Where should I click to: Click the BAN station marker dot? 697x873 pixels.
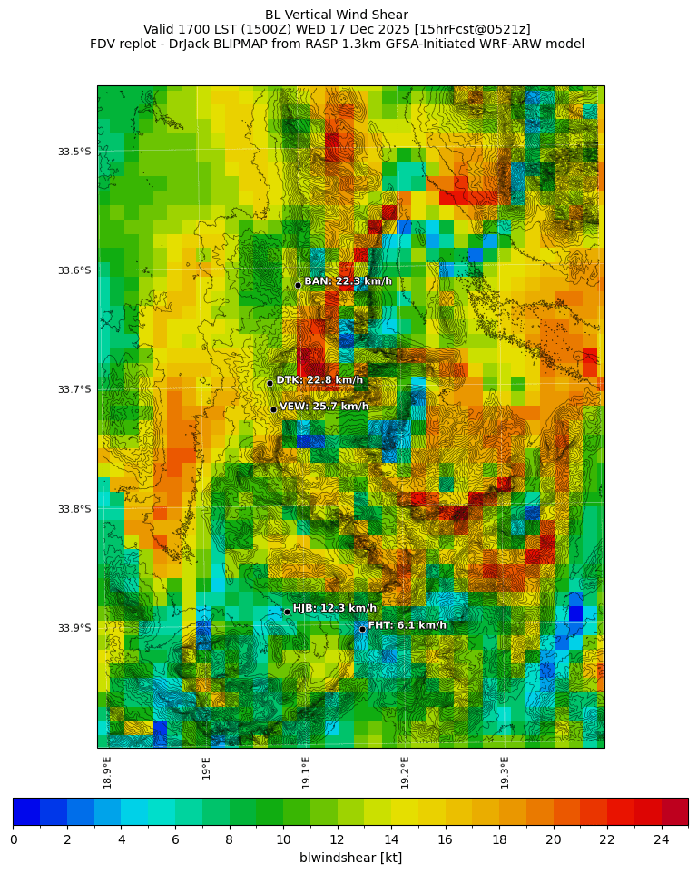tap(298, 285)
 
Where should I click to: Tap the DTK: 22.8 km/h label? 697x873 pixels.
tap(319, 380)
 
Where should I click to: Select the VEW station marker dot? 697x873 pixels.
tap(273, 409)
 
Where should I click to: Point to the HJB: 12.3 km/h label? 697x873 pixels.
tap(334, 609)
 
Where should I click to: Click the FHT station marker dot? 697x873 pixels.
tap(362, 629)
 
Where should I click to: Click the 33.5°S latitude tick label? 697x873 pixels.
tap(74, 152)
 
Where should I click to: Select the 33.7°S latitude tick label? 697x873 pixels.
tap(74, 389)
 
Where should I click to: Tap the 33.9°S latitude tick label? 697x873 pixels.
tap(74, 628)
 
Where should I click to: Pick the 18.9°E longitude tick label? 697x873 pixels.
tap(108, 772)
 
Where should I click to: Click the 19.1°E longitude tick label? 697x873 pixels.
tap(307, 772)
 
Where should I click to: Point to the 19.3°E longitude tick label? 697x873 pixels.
tap(506, 772)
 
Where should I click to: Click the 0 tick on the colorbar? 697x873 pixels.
tap(14, 840)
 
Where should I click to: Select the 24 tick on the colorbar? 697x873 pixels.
tap(661, 840)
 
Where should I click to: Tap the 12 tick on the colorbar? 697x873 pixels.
tap(338, 840)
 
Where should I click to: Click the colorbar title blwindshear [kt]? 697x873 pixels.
tap(350, 858)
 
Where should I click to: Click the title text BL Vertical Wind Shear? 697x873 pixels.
tap(337, 15)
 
